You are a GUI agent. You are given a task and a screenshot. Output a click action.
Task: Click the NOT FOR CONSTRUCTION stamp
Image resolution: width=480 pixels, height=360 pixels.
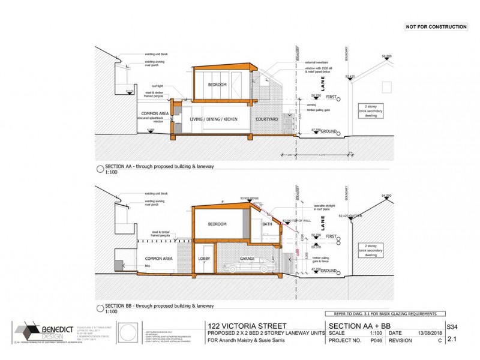[x=436, y=27]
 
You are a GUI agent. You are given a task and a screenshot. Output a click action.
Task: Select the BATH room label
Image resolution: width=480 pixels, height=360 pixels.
[x=267, y=224]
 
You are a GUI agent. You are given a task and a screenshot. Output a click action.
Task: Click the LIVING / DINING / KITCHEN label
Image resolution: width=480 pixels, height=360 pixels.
[x=213, y=119]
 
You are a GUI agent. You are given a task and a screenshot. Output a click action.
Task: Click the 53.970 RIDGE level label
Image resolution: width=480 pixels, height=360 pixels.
[x=248, y=196]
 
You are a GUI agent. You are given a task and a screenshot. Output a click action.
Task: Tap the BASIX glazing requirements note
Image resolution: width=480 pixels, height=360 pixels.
[x=385, y=314]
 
